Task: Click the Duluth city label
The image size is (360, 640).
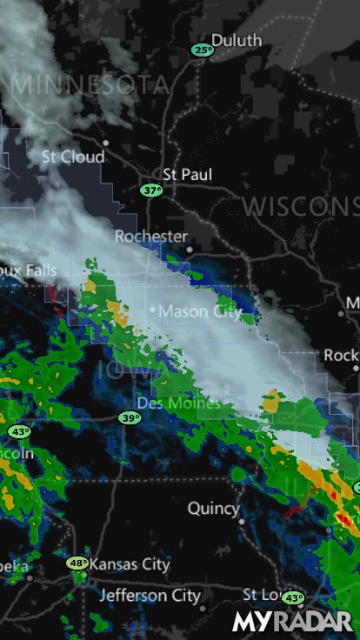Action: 236,40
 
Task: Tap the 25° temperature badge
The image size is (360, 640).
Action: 203,50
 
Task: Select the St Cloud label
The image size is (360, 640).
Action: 73,157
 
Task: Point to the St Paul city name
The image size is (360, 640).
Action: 187,175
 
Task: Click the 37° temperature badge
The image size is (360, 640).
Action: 151,190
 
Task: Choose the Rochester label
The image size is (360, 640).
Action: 151,237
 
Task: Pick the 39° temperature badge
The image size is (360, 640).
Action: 130,418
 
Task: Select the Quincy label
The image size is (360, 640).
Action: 213,508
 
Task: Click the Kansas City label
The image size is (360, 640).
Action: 130,564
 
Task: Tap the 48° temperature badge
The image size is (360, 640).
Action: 78,563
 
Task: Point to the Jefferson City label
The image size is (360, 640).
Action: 150,596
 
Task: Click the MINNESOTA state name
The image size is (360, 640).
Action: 90,84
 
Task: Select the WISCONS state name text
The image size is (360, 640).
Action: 300,206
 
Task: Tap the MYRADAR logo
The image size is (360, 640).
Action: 292,621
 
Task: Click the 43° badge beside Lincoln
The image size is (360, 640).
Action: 19,431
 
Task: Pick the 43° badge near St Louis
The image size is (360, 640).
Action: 293,598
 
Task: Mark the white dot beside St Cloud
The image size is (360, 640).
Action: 106,143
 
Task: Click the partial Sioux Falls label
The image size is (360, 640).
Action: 28,270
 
